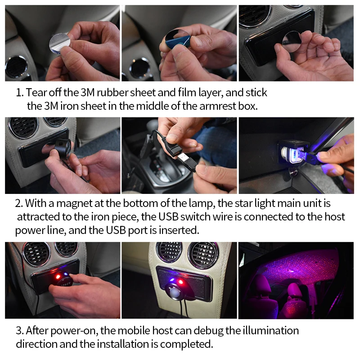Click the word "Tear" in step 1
37,93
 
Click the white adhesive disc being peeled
59,44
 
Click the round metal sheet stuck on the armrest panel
292,41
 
